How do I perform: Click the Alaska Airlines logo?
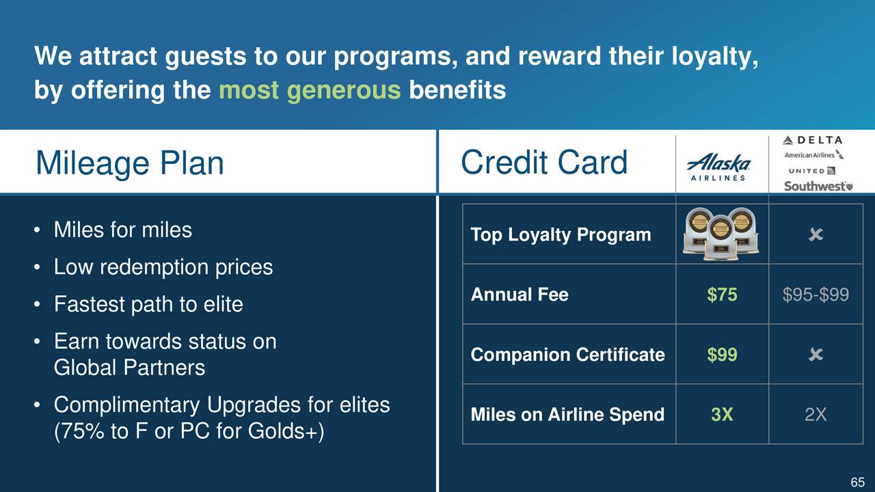point(718,167)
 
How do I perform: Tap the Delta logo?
point(812,140)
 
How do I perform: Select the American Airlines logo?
point(814,155)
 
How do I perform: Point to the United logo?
point(811,171)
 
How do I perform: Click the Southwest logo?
point(818,186)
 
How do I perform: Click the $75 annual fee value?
point(722,295)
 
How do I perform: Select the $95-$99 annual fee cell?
point(816,295)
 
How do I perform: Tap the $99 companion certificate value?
point(722,355)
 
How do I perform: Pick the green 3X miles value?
point(722,414)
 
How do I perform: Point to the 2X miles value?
point(816,414)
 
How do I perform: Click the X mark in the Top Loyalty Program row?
point(816,234)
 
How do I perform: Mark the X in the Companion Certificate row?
point(816,355)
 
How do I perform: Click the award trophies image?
point(721,234)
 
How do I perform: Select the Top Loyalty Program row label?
point(561,234)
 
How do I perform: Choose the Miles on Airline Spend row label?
point(567,414)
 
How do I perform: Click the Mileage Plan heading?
point(130,163)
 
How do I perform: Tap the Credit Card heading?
point(544,162)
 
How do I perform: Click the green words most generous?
point(310,90)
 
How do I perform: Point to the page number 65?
point(857,482)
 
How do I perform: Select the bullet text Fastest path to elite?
point(148,304)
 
